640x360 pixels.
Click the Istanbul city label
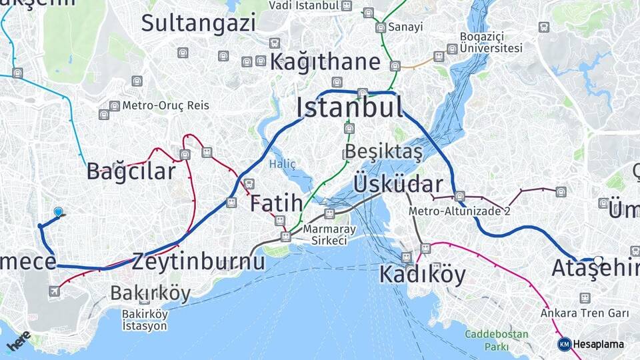[349, 107]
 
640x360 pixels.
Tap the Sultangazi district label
[198, 23]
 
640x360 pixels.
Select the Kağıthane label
[325, 63]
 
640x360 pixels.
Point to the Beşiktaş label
[384, 152]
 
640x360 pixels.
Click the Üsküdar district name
[398, 184]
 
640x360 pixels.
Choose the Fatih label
[276, 203]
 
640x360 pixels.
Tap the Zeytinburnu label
[198, 261]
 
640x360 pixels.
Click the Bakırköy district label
[150, 293]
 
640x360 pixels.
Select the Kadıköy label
[422, 274]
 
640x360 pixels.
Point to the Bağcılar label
[131, 171]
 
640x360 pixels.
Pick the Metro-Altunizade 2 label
[459, 211]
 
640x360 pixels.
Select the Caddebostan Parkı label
[497, 340]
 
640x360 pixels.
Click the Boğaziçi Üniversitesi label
[491, 42]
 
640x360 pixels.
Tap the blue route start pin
[58, 212]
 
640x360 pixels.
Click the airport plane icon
[54, 291]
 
